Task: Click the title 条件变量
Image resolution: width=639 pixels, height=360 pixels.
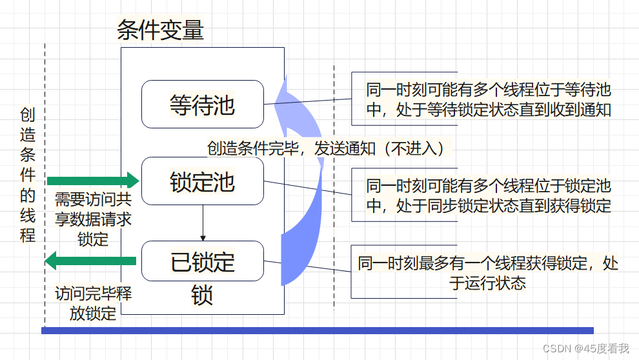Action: (x=160, y=30)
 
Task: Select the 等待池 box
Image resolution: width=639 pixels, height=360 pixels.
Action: (x=202, y=104)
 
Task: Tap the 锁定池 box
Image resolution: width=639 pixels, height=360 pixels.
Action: (x=202, y=181)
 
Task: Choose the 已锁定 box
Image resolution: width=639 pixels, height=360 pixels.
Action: (x=202, y=261)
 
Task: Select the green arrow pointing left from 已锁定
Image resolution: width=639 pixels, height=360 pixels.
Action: (x=90, y=261)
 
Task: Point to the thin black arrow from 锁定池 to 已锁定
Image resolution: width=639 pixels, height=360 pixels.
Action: (x=203, y=223)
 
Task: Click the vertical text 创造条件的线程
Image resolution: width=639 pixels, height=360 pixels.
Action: (x=28, y=175)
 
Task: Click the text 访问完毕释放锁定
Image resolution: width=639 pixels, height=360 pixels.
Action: (x=93, y=303)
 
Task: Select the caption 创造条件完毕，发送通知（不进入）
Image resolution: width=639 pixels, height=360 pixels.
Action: (x=326, y=148)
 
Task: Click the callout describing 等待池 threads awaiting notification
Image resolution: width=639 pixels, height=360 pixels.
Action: (x=488, y=99)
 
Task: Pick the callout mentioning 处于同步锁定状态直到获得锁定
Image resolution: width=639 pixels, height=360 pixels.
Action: (x=488, y=195)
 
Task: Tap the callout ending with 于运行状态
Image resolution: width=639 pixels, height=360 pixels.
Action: (x=488, y=272)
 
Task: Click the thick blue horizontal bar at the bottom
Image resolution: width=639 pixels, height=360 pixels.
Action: (x=317, y=330)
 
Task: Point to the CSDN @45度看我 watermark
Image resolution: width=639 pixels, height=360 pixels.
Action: (x=585, y=348)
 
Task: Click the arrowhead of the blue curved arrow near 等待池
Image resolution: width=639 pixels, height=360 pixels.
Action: (x=279, y=90)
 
